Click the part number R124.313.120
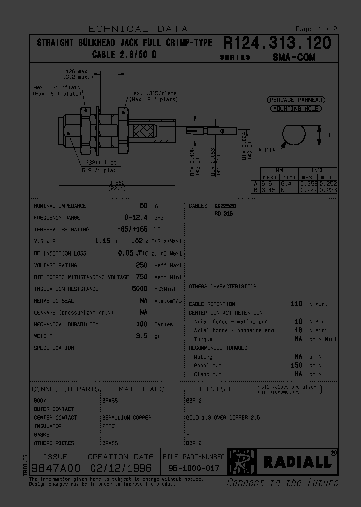pyautogui.click(x=277, y=43)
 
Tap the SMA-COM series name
pyautogui.click(x=294, y=57)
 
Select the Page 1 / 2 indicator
pyautogui.click(x=316, y=29)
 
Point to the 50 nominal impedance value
pyautogui.click(x=143, y=206)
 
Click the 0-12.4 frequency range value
pyautogui.click(x=136, y=218)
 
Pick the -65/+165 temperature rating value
pyautogui.click(x=132, y=229)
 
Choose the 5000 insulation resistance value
pyautogui.click(x=139, y=289)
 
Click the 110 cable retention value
pyautogui.click(x=296, y=304)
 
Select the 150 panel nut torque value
pyautogui.click(x=296, y=365)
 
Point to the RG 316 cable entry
pyautogui.click(x=224, y=214)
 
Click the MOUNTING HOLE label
pyautogui.click(x=296, y=108)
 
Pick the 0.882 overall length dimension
pyautogui.click(x=117, y=182)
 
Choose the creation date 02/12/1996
pyautogui.click(x=120, y=469)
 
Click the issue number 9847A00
pyautogui.click(x=55, y=469)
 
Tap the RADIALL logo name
pyautogui.click(x=297, y=462)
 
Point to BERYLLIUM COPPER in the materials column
pyautogui.click(x=127, y=417)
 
